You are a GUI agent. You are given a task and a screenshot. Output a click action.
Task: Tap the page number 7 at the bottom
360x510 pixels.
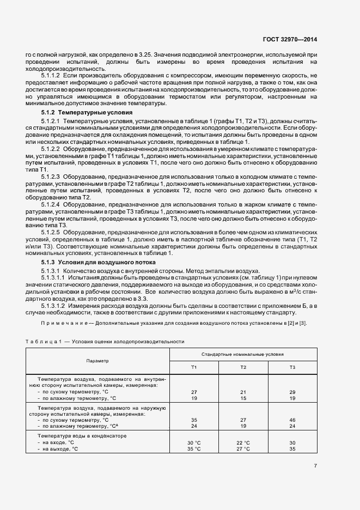pyautogui.click(x=315, y=465)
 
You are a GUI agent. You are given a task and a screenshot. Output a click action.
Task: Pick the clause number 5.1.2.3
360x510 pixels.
pyautogui.click(x=51, y=177)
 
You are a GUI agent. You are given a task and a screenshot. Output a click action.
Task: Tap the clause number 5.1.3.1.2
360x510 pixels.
pyautogui.click(x=53, y=306)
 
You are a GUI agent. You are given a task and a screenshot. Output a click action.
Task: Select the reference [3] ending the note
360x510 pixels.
pyautogui.click(x=312, y=324)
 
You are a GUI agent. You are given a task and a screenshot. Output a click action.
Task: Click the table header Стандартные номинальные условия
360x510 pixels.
pyautogui.click(x=243, y=354)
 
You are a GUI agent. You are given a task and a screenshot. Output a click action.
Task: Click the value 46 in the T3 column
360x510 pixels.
pyautogui.click(x=292, y=420)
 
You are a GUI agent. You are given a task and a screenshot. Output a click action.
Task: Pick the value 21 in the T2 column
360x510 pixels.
pyautogui.click(x=243, y=392)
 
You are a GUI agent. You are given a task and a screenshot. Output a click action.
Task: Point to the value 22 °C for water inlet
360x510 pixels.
pyautogui.click(x=243, y=443)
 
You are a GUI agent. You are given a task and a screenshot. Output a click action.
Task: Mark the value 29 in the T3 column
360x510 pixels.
pyautogui.click(x=292, y=392)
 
